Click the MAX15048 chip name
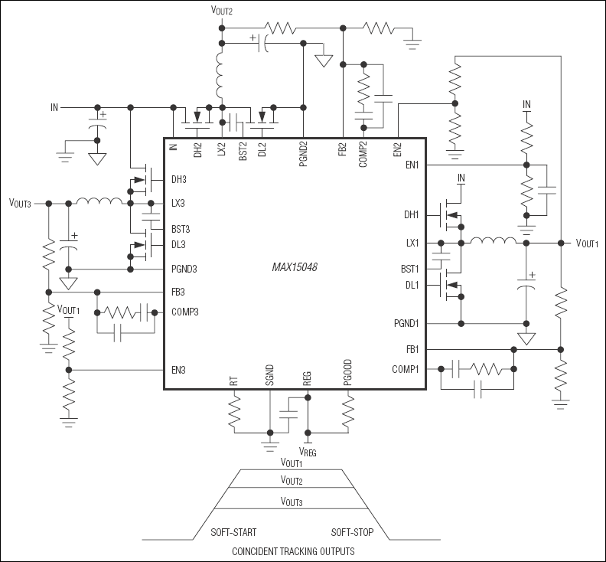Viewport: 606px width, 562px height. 295,268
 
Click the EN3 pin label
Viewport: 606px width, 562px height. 178,370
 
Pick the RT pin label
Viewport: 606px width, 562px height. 234,381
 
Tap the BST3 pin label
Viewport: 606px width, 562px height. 181,229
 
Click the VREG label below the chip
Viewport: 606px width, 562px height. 307,451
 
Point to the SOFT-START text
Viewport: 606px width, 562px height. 233,531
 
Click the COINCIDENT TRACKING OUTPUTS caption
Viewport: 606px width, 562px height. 292,551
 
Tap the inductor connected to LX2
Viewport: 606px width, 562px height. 222,74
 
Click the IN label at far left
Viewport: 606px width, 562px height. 54,108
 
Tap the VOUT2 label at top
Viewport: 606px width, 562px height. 221,11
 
